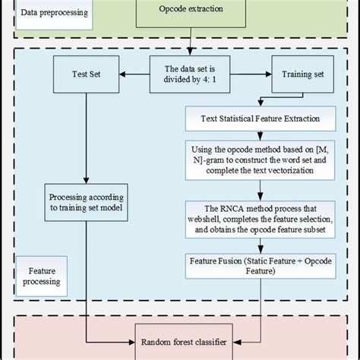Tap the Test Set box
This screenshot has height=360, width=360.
point(87,76)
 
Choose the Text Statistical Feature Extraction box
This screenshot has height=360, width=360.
point(261,118)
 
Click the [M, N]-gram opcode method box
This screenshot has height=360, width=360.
point(261,160)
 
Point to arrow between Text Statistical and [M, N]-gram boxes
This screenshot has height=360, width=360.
point(261,134)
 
